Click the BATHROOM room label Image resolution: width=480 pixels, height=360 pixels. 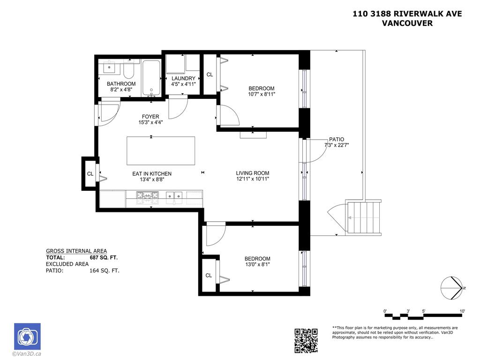point(121,84)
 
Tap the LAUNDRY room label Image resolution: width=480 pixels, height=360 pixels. point(183,78)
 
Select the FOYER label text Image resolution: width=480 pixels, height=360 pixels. point(150,117)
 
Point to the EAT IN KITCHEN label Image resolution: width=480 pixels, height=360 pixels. point(151,173)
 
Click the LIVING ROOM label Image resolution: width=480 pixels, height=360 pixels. point(252,173)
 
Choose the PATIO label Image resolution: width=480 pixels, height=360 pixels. point(336,139)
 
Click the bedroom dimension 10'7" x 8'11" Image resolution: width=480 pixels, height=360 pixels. point(262,94)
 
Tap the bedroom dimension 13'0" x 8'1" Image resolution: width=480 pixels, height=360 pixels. point(257,264)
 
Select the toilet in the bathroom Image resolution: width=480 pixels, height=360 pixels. point(129,71)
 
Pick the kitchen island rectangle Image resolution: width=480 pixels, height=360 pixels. point(161,150)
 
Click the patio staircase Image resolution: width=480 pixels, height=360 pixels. point(364,217)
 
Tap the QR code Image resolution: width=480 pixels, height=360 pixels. point(306,340)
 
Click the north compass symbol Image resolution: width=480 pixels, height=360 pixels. point(452,288)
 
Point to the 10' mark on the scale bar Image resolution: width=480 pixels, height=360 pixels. point(462,311)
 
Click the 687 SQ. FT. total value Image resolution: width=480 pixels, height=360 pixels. point(103,257)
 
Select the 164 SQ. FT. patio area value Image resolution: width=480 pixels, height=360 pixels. point(104,270)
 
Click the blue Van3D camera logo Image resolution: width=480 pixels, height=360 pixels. point(27,336)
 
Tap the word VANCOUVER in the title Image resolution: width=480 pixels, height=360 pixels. point(407,23)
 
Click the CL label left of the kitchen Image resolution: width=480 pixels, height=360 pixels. point(90,174)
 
